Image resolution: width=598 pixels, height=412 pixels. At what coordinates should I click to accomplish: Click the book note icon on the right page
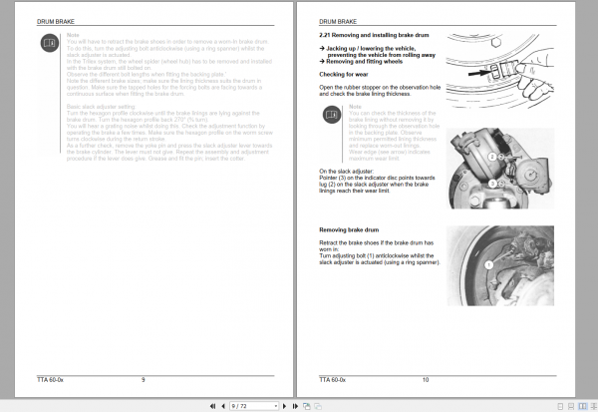[332, 115]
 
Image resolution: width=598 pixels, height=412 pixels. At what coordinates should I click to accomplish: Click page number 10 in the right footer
[426, 379]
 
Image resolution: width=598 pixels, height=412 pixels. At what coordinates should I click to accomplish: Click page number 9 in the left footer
[144, 379]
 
